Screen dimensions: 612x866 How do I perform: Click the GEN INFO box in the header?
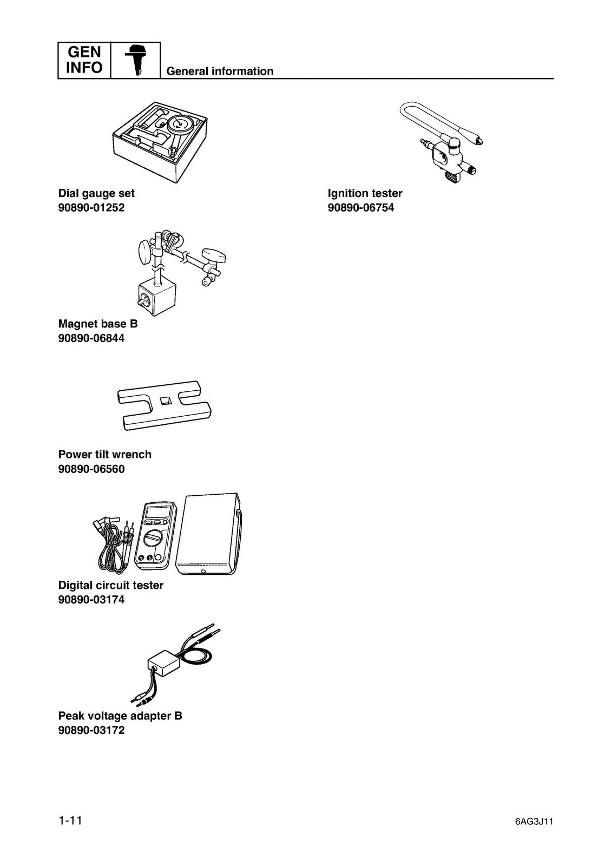[84, 60]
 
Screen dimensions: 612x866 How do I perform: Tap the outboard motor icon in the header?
[135, 60]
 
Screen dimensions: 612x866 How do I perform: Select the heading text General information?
[220, 71]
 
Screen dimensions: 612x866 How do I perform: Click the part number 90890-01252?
[91, 208]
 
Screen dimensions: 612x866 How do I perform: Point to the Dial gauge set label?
[96, 193]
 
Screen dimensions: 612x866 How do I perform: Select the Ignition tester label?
[365, 193]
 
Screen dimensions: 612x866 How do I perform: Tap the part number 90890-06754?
[361, 208]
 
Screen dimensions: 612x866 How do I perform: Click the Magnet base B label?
[98, 324]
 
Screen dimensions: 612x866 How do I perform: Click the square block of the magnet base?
[156, 298]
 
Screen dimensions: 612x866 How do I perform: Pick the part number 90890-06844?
[91, 338]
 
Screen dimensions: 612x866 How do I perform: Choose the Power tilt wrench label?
[105, 454]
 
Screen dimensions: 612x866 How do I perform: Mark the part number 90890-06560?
[91, 469]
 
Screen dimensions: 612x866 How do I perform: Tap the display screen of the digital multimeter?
[158, 512]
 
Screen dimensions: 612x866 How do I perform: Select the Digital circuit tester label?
[110, 585]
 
